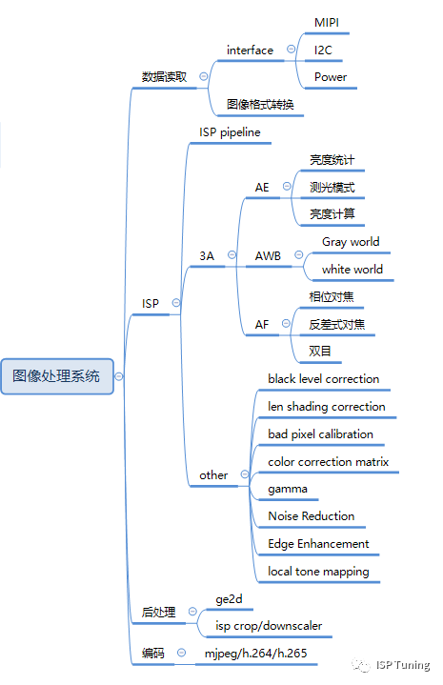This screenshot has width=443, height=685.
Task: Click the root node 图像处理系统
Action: (x=56, y=375)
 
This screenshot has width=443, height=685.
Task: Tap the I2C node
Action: (x=324, y=49)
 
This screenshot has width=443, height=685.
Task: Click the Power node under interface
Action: (x=331, y=76)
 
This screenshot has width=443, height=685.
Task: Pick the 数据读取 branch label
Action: (x=165, y=76)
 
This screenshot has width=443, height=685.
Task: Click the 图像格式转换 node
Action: (x=260, y=104)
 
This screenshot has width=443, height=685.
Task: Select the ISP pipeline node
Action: (x=230, y=131)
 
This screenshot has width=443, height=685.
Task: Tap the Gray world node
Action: (x=351, y=242)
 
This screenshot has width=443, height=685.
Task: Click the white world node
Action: (x=352, y=270)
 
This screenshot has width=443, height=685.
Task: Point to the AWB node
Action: (x=268, y=256)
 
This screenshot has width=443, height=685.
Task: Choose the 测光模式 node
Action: (x=332, y=187)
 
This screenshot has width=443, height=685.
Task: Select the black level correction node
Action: (x=324, y=378)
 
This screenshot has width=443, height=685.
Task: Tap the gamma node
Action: (x=287, y=488)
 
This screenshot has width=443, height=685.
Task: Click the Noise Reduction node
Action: (x=312, y=515)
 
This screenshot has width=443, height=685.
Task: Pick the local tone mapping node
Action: (x=318, y=571)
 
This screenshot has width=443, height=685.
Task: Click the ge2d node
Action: (x=229, y=598)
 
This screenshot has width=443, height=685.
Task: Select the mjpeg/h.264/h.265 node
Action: (x=255, y=654)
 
